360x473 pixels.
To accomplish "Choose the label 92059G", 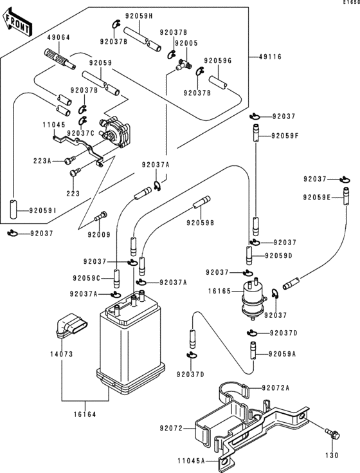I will [217, 61].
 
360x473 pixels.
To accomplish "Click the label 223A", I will [42, 160].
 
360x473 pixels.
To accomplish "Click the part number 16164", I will [84, 414].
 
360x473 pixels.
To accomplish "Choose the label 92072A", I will [276, 388].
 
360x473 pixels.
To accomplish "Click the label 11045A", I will [191, 461].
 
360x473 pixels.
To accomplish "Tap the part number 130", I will [332, 456].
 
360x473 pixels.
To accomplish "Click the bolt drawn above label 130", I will [332, 435].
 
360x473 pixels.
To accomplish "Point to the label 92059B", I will [200, 223].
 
